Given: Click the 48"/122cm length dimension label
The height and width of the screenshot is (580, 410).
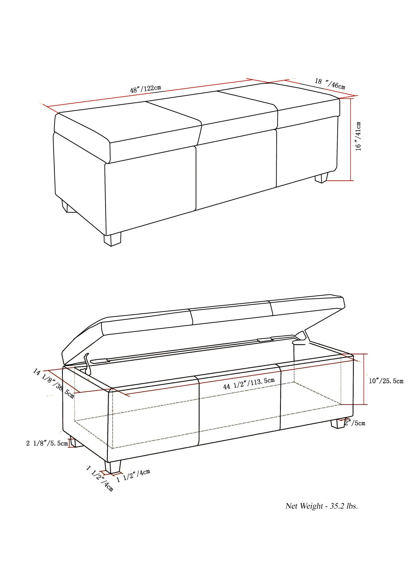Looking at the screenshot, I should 145,89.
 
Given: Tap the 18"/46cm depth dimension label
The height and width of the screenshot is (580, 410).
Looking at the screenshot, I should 330,84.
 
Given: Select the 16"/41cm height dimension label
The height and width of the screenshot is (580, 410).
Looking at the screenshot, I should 358,136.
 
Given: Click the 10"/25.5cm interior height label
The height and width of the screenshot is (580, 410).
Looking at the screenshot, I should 386,381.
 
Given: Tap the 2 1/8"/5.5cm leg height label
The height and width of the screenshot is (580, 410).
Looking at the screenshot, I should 47,443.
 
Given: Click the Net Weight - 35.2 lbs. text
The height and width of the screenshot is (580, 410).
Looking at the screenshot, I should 321,506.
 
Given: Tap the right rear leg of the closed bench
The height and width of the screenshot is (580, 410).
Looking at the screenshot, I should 321,178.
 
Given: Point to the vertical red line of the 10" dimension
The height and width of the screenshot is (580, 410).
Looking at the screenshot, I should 364,379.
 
